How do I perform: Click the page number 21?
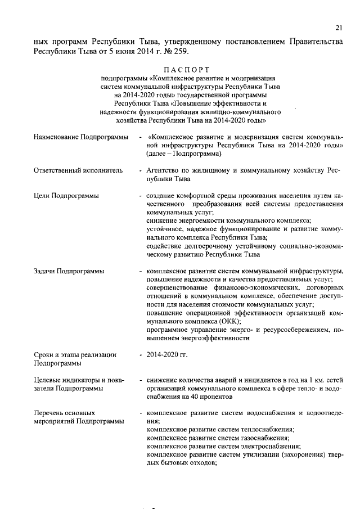pos(339,27)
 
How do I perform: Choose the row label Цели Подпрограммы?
pos(66,196)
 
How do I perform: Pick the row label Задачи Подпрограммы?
pos(69,271)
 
